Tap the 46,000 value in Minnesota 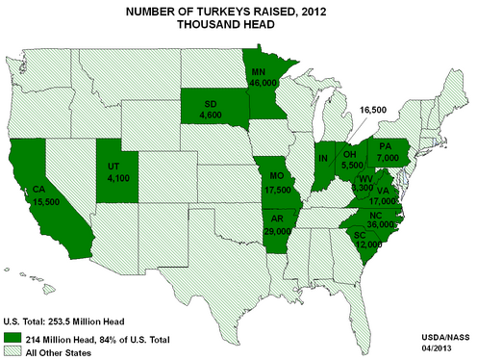tap(260, 84)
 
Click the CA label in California tap(40, 189)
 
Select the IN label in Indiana tap(324, 158)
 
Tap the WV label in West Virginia tap(366, 180)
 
